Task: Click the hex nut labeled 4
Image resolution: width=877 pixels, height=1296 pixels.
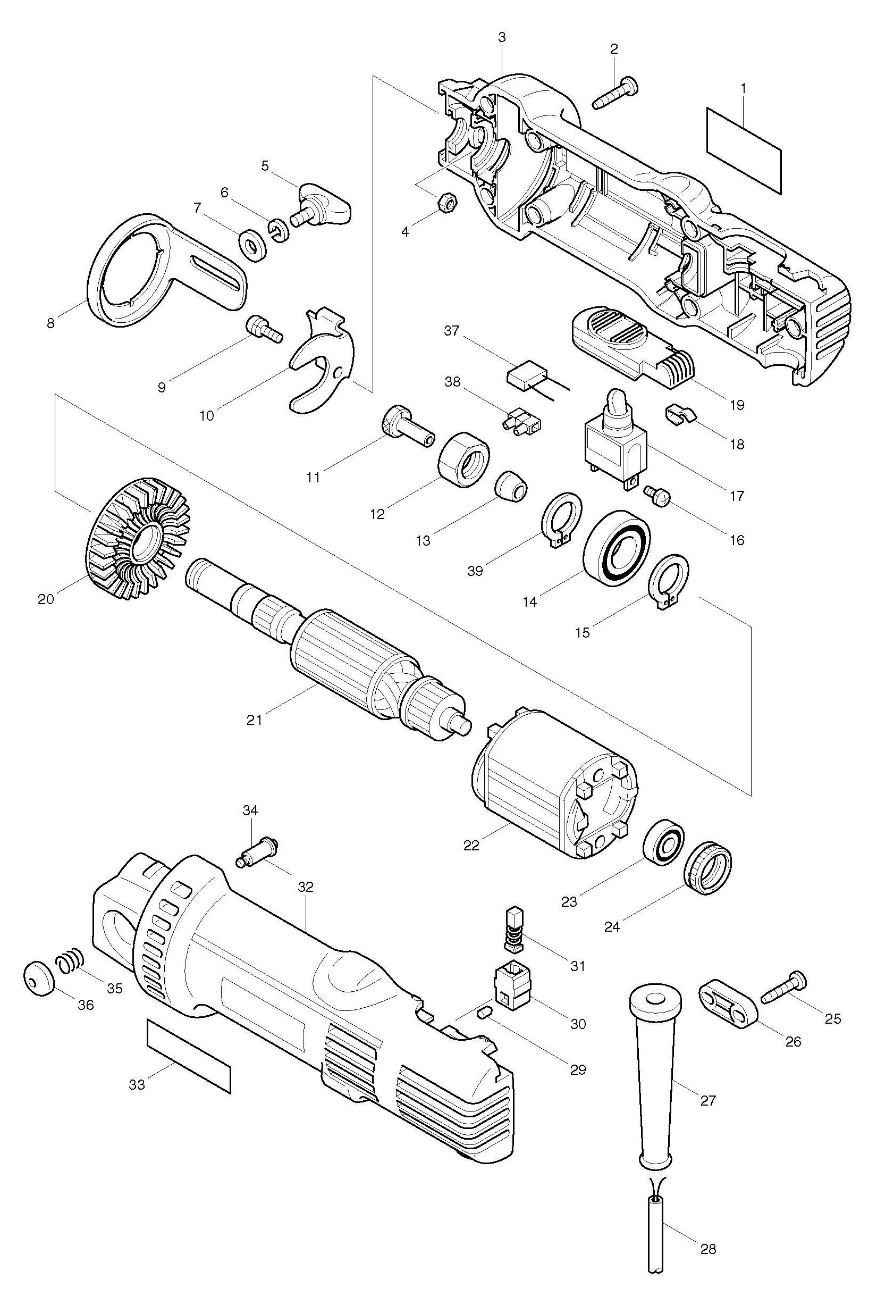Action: pyautogui.click(x=446, y=201)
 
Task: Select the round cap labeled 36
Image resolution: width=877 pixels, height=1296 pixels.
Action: pyautogui.click(x=38, y=976)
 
